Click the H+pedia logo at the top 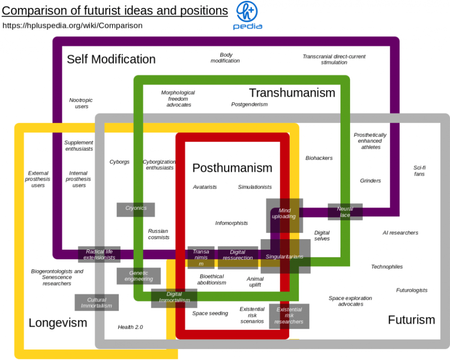click(x=247, y=15)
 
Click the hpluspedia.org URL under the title click(x=73, y=25)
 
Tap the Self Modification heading click(x=111, y=59)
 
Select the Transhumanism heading click(x=292, y=93)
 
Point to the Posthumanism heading click(x=232, y=167)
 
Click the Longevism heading click(x=58, y=323)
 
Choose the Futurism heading click(x=411, y=320)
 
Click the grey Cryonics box click(x=136, y=208)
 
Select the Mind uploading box click(x=284, y=214)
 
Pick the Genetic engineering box click(x=139, y=276)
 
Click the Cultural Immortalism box click(x=96, y=303)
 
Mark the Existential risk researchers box click(x=289, y=316)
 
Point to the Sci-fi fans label click(x=419, y=171)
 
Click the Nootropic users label click(x=81, y=103)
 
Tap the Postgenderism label click(x=249, y=105)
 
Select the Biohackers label click(x=319, y=158)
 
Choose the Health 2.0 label click(x=130, y=327)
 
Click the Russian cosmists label click(x=158, y=234)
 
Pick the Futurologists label click(x=412, y=291)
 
